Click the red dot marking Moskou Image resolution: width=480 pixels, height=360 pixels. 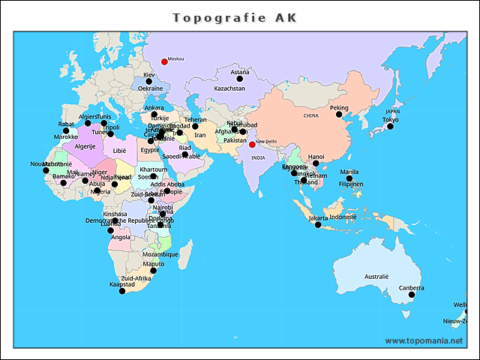tap(164, 61)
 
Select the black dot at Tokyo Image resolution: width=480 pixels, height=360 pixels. tap(390, 127)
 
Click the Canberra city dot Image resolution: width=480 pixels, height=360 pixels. tap(411, 295)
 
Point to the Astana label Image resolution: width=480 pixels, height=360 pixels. tap(240, 73)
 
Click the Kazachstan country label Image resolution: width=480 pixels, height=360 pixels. tap(229, 88)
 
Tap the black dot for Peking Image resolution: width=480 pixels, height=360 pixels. tap(338, 115)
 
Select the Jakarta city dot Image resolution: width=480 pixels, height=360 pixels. tap(318, 225)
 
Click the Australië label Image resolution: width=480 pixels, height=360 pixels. tap(376, 277)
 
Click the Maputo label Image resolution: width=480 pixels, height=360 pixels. tap(153, 263)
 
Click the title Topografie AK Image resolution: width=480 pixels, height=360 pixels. tap(235, 17)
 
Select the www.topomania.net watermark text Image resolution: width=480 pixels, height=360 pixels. tap(424, 340)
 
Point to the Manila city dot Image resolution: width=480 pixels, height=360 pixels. tap(349, 178)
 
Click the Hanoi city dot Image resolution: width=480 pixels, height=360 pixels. tap(316, 163)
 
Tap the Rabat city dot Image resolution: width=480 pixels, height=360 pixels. tap(66, 130)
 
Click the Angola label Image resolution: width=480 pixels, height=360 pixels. tap(121, 237)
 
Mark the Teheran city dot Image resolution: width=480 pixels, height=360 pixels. tap(195, 126)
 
